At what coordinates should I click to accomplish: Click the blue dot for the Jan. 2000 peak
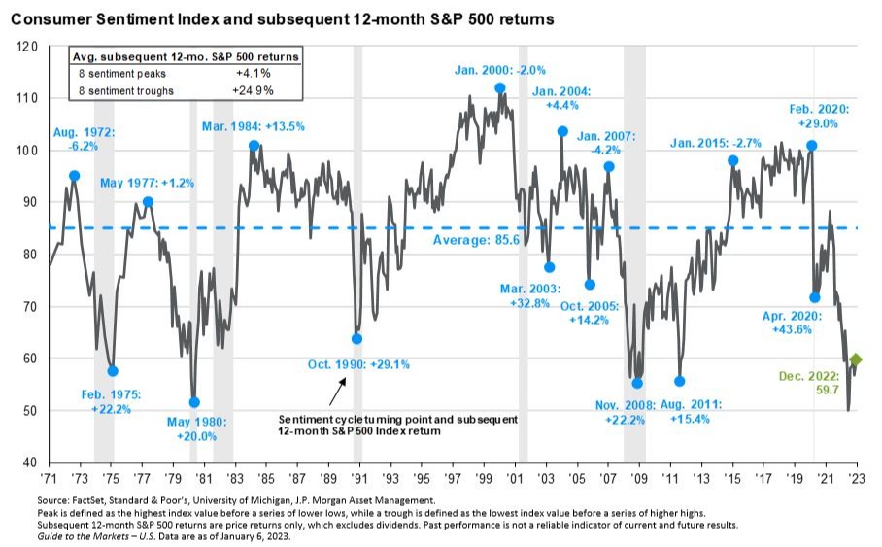click(x=500, y=88)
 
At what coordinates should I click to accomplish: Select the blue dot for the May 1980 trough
click(x=194, y=402)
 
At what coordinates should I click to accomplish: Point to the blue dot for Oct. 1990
click(x=356, y=339)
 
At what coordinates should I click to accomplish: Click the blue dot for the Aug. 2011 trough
click(x=679, y=382)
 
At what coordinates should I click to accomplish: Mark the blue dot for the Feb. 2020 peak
click(x=812, y=146)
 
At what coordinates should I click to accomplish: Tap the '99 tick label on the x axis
click(x=483, y=479)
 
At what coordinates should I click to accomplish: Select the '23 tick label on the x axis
click(x=856, y=479)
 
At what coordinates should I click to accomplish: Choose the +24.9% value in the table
click(x=254, y=90)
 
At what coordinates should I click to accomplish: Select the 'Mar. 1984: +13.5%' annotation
click(x=254, y=125)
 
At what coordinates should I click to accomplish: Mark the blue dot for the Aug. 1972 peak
click(x=75, y=176)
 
